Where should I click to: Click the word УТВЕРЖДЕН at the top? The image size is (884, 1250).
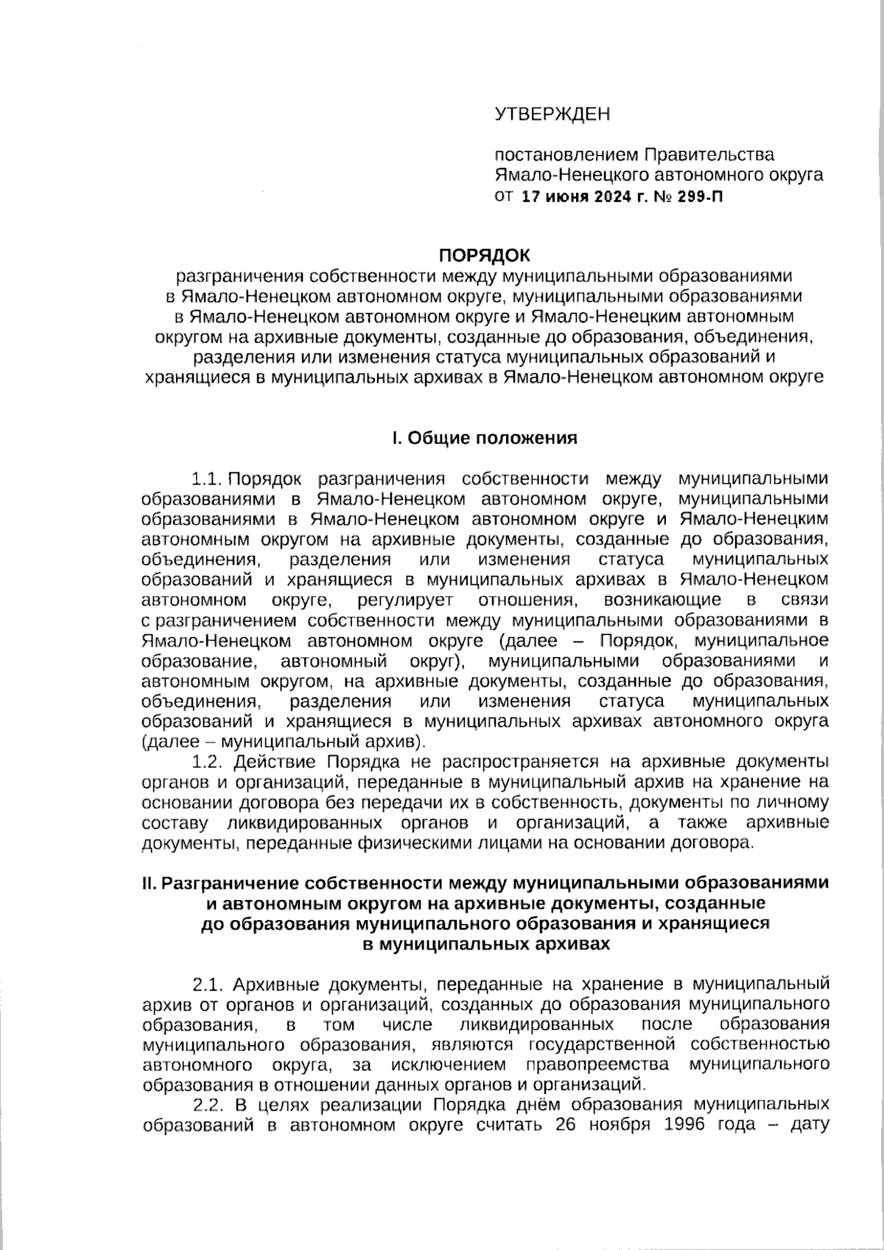pos(552,115)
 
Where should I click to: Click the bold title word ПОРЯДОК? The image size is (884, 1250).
pos(484,256)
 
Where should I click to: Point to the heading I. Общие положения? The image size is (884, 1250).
pos(484,438)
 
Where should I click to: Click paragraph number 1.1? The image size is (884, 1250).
pos(207,480)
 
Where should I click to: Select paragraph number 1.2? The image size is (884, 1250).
pos(207,761)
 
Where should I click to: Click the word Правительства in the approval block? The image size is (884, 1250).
pos(709,155)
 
